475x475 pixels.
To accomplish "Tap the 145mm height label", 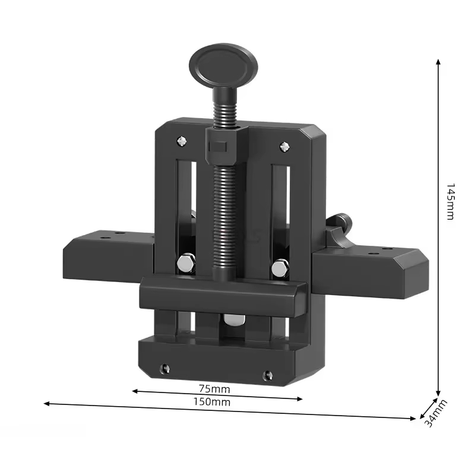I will [451, 202].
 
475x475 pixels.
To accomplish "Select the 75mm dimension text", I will [214, 389].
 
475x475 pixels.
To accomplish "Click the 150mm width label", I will [212, 402].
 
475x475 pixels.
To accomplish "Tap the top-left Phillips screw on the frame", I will [181, 141].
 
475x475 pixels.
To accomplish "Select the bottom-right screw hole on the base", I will [268, 375].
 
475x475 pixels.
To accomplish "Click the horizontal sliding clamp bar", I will [223, 295].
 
